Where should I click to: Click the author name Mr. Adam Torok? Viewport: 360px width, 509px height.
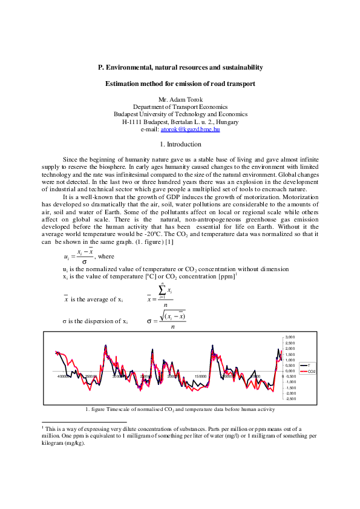pyautogui.click(x=180, y=99)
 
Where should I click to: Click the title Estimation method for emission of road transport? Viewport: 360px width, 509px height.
pyautogui.click(x=180, y=84)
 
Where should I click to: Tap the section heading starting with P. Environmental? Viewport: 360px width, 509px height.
pyautogui.click(x=180, y=68)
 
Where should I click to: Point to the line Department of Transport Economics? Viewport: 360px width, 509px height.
pyautogui.click(x=180, y=107)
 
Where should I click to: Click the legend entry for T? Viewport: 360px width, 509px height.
pyautogui.click(x=309, y=366)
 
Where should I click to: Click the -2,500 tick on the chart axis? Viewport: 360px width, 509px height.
pyautogui.click(x=290, y=398)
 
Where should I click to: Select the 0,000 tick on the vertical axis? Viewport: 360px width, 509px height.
pyautogui.click(x=290, y=370)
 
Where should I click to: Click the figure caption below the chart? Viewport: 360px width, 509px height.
pyautogui.click(x=180, y=410)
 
